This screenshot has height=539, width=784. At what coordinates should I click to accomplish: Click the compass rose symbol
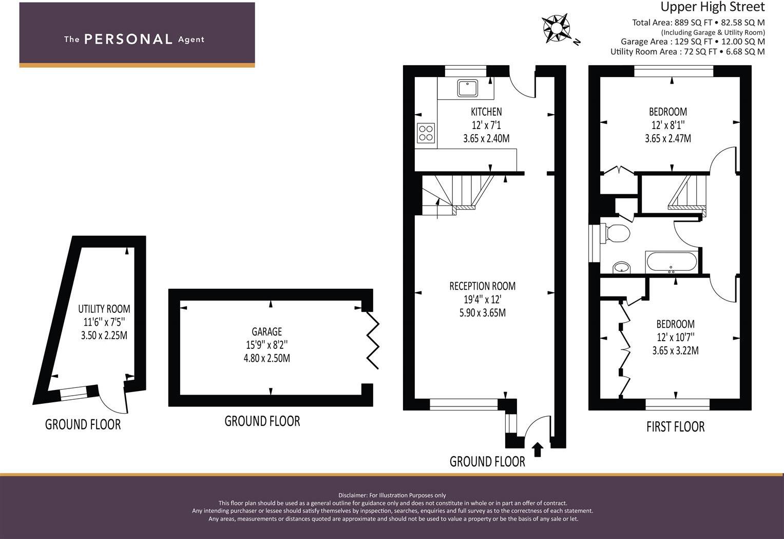coord(557,28)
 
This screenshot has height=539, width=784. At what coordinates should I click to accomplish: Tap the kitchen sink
coord(467,88)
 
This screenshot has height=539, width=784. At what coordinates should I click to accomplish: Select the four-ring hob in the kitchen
coord(426,133)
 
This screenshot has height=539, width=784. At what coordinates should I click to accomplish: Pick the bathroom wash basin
coord(622,267)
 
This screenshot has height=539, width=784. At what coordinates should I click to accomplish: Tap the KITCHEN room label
coord(486,111)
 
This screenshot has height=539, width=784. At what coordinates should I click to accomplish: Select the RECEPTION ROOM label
coord(482,286)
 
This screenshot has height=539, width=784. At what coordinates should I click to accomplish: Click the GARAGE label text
coord(266,332)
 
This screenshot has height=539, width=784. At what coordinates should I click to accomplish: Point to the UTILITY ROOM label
coord(104,309)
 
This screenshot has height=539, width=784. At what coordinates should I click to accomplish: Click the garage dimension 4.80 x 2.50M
coord(266,358)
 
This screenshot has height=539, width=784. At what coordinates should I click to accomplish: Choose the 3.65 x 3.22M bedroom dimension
coord(675,351)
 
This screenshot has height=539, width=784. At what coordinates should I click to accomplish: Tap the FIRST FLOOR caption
coord(675,426)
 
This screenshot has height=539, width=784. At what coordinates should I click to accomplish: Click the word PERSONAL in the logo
coord(128,39)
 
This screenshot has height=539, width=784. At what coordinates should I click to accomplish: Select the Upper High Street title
coord(712,7)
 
